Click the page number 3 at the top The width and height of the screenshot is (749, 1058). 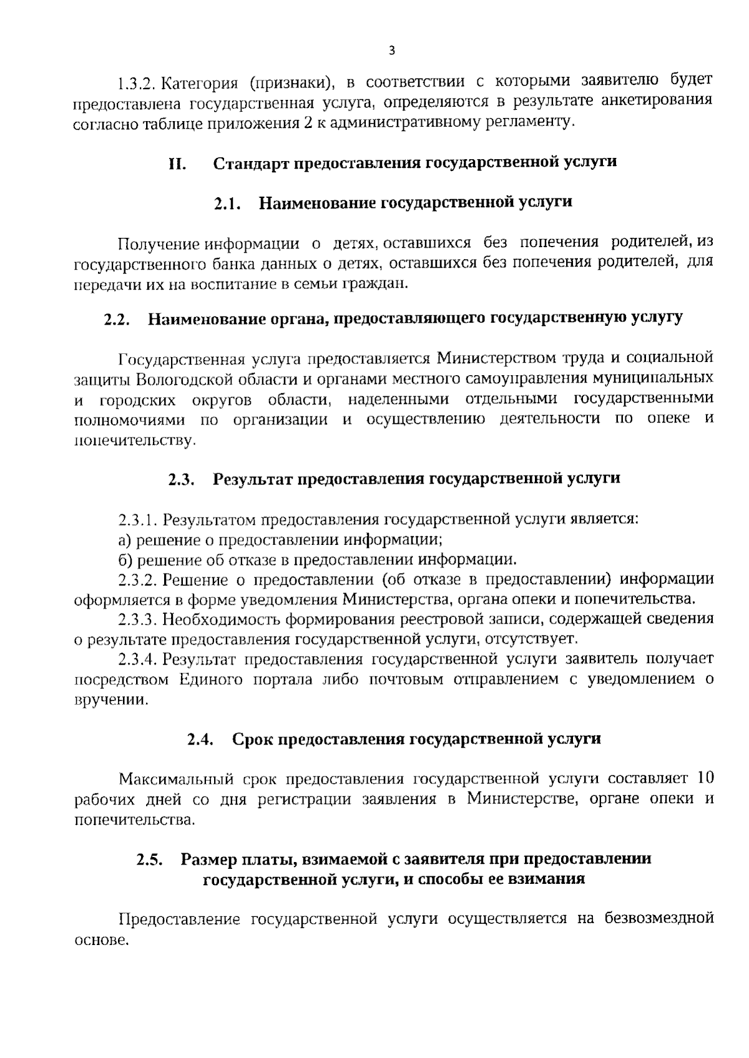point(391,51)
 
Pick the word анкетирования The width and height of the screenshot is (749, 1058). point(660,101)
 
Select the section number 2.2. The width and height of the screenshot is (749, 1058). point(117,319)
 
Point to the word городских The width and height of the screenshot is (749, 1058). point(132,399)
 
